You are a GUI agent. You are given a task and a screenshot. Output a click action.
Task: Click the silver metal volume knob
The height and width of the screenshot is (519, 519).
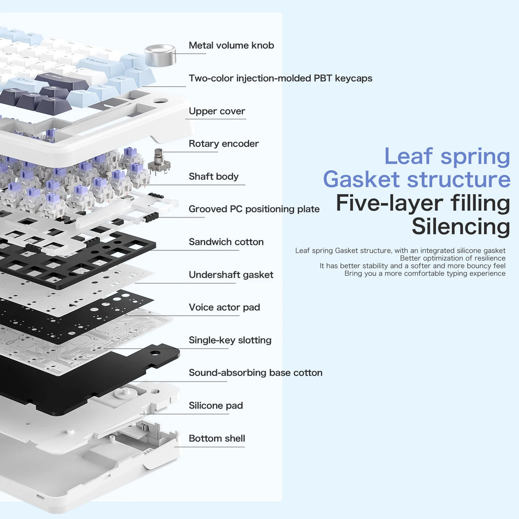click(160, 55)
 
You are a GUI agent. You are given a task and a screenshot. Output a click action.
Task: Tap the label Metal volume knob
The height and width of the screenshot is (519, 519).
click(231, 46)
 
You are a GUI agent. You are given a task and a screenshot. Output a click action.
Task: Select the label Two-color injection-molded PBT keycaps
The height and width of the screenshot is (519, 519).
click(280, 79)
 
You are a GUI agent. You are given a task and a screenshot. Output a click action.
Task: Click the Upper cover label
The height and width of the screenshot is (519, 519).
click(217, 112)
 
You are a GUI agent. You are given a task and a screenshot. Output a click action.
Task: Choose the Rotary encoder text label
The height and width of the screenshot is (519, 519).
click(224, 144)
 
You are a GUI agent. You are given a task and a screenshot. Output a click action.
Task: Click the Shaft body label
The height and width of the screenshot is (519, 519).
click(213, 177)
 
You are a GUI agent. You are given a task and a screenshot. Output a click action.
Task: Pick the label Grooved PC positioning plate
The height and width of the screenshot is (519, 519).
click(254, 209)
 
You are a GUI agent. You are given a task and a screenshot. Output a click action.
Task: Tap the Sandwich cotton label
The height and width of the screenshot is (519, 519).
click(226, 242)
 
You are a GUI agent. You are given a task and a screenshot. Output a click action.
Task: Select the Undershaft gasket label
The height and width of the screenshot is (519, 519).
click(231, 275)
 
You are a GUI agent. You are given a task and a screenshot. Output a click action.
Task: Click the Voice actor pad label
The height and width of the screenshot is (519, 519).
click(224, 308)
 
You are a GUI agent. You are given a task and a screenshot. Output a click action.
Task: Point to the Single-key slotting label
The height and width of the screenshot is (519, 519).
click(230, 341)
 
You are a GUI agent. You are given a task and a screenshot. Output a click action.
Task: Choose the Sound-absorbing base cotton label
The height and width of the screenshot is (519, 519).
click(255, 373)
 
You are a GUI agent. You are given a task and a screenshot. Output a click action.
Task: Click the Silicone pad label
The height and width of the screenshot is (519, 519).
click(215, 406)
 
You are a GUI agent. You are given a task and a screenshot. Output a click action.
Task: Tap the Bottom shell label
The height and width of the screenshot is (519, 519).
click(216, 438)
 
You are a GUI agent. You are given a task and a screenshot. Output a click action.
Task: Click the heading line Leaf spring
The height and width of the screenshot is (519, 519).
click(447, 157)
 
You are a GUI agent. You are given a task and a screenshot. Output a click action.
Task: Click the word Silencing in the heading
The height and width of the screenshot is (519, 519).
click(460, 227)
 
